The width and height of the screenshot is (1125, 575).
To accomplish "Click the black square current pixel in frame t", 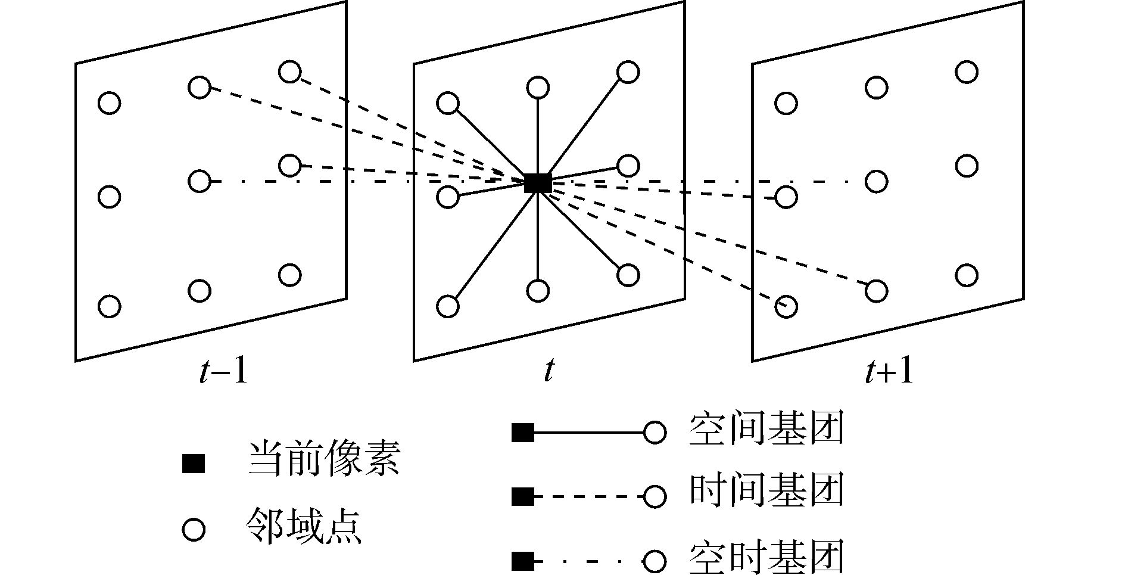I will (537, 182).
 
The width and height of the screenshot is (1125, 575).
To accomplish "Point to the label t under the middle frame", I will (549, 371).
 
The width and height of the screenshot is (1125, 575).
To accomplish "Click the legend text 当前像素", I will (324, 459).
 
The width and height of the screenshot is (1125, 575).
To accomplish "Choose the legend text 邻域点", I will (304, 526).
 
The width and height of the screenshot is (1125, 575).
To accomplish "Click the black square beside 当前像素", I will (193, 464).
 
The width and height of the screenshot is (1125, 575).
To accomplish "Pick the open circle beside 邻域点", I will (194, 530).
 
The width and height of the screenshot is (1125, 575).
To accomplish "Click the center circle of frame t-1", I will (199, 181).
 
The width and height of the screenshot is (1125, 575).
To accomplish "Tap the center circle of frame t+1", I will (876, 181).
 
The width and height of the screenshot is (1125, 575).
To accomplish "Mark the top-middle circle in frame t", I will (538, 88).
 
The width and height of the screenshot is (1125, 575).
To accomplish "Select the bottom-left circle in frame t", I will (448, 306).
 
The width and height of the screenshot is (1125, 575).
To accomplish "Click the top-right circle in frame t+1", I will (966, 72).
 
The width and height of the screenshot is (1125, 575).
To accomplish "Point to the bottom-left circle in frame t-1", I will (109, 306).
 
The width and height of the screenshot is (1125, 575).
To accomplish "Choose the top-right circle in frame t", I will (628, 72).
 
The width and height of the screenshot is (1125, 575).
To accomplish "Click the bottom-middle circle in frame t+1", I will (876, 291).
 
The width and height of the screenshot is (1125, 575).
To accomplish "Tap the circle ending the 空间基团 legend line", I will (655, 433).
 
